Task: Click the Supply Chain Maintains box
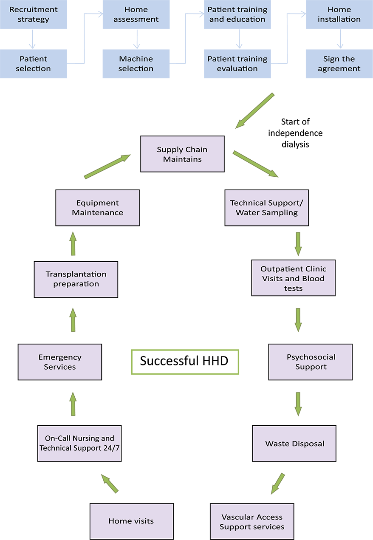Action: (x=182, y=154)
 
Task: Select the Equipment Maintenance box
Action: (x=97, y=208)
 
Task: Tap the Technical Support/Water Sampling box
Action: (x=266, y=208)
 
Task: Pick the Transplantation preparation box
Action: (x=76, y=279)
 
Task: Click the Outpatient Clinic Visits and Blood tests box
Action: (x=293, y=278)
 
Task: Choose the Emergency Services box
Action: (x=60, y=362)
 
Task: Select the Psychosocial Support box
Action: (x=311, y=362)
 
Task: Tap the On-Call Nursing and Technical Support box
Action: (x=79, y=443)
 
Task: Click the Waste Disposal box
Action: (x=294, y=444)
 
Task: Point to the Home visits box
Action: (x=131, y=521)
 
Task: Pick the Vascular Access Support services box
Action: (x=252, y=522)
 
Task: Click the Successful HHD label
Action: (x=184, y=361)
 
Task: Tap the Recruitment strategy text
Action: (x=33, y=14)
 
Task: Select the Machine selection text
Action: (x=136, y=64)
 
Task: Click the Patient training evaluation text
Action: (x=237, y=64)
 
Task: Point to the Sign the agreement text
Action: (x=339, y=64)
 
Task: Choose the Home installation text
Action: (x=339, y=14)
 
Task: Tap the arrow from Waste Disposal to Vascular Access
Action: (x=278, y=483)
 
